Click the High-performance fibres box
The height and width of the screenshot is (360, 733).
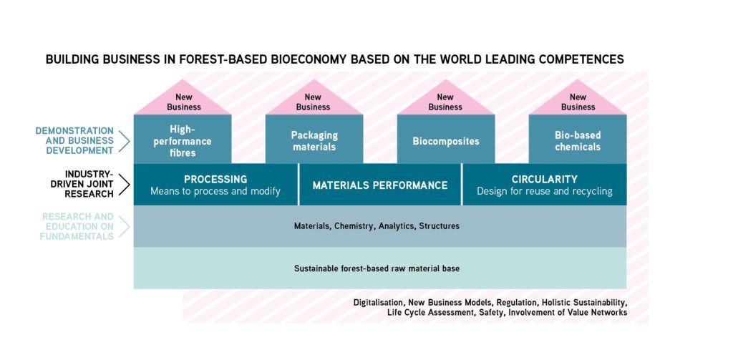[183, 139]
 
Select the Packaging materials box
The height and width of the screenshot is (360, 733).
[314, 139]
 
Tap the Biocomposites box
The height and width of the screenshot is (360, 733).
[446, 139]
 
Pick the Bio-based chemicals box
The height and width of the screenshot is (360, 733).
[578, 139]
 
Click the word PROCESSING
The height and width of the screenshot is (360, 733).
[215, 180]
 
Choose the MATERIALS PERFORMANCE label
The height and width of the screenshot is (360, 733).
[380, 185]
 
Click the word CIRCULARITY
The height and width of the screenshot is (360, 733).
[545, 180]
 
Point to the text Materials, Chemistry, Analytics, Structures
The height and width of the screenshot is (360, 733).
[377, 226]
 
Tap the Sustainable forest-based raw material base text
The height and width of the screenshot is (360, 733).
[377, 269]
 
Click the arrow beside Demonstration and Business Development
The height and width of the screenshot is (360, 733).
[124, 141]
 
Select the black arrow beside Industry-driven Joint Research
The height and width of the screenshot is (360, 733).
[124, 184]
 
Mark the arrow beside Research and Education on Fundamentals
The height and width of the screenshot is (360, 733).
[124, 227]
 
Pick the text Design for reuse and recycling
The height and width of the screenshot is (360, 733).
[545, 192]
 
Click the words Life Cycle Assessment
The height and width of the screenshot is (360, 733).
[430, 313]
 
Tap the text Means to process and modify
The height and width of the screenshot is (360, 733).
[215, 192]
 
